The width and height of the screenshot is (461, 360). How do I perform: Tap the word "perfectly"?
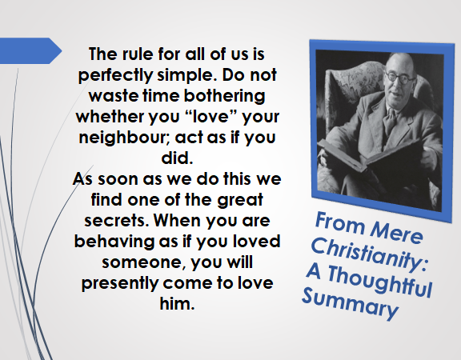click(115, 75)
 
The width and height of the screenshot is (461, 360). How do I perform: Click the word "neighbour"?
click(124, 138)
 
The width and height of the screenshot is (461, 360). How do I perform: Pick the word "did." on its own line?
click(177, 158)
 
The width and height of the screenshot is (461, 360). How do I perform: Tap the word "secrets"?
click(115, 221)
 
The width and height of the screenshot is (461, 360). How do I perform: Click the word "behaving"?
click(114, 242)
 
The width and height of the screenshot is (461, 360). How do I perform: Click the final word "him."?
click(178, 303)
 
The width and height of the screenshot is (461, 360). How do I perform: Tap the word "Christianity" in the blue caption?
click(369, 254)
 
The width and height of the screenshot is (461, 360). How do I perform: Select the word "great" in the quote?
click(240, 200)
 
